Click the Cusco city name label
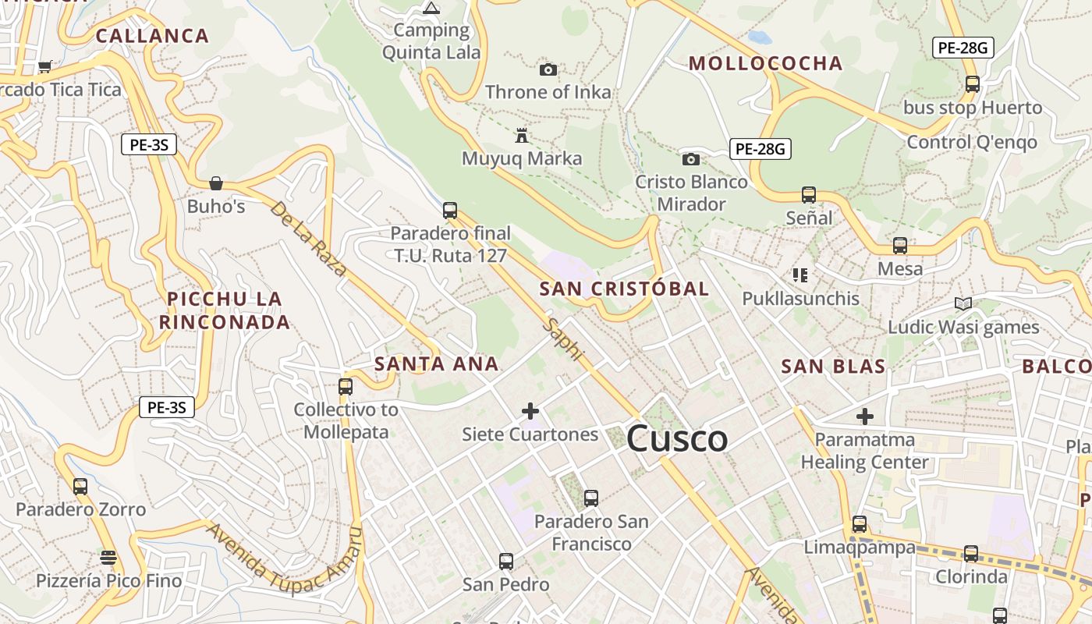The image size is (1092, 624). pyautogui.click(x=676, y=438)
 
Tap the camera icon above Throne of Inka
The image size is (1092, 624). pyautogui.click(x=548, y=69)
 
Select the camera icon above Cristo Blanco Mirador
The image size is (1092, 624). pyautogui.click(x=690, y=159)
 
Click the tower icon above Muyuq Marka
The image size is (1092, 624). pyautogui.click(x=522, y=136)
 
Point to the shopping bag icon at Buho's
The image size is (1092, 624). pyautogui.click(x=216, y=183)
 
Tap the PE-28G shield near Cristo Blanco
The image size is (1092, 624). pyautogui.click(x=760, y=148)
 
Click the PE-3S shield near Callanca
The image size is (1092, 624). pyautogui.click(x=148, y=144)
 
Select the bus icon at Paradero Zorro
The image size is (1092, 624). pyautogui.click(x=80, y=487)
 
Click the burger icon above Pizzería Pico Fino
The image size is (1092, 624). pyautogui.click(x=108, y=558)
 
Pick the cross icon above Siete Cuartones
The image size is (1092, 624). pyautogui.click(x=530, y=411)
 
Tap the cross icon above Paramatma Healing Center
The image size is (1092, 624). pyautogui.click(x=864, y=417)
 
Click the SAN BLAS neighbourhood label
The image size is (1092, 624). pyautogui.click(x=833, y=367)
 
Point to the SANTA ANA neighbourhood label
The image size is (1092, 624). pyautogui.click(x=436, y=363)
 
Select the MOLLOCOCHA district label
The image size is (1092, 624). pyautogui.click(x=765, y=63)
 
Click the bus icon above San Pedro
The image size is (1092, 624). pyautogui.click(x=505, y=561)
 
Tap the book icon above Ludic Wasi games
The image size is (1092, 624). pyautogui.click(x=963, y=303)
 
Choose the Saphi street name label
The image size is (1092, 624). pyautogui.click(x=565, y=339)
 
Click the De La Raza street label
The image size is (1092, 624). pyautogui.click(x=308, y=239)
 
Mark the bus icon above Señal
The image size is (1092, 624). pyautogui.click(x=809, y=195)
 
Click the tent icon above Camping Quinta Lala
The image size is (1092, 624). pyautogui.click(x=431, y=9)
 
